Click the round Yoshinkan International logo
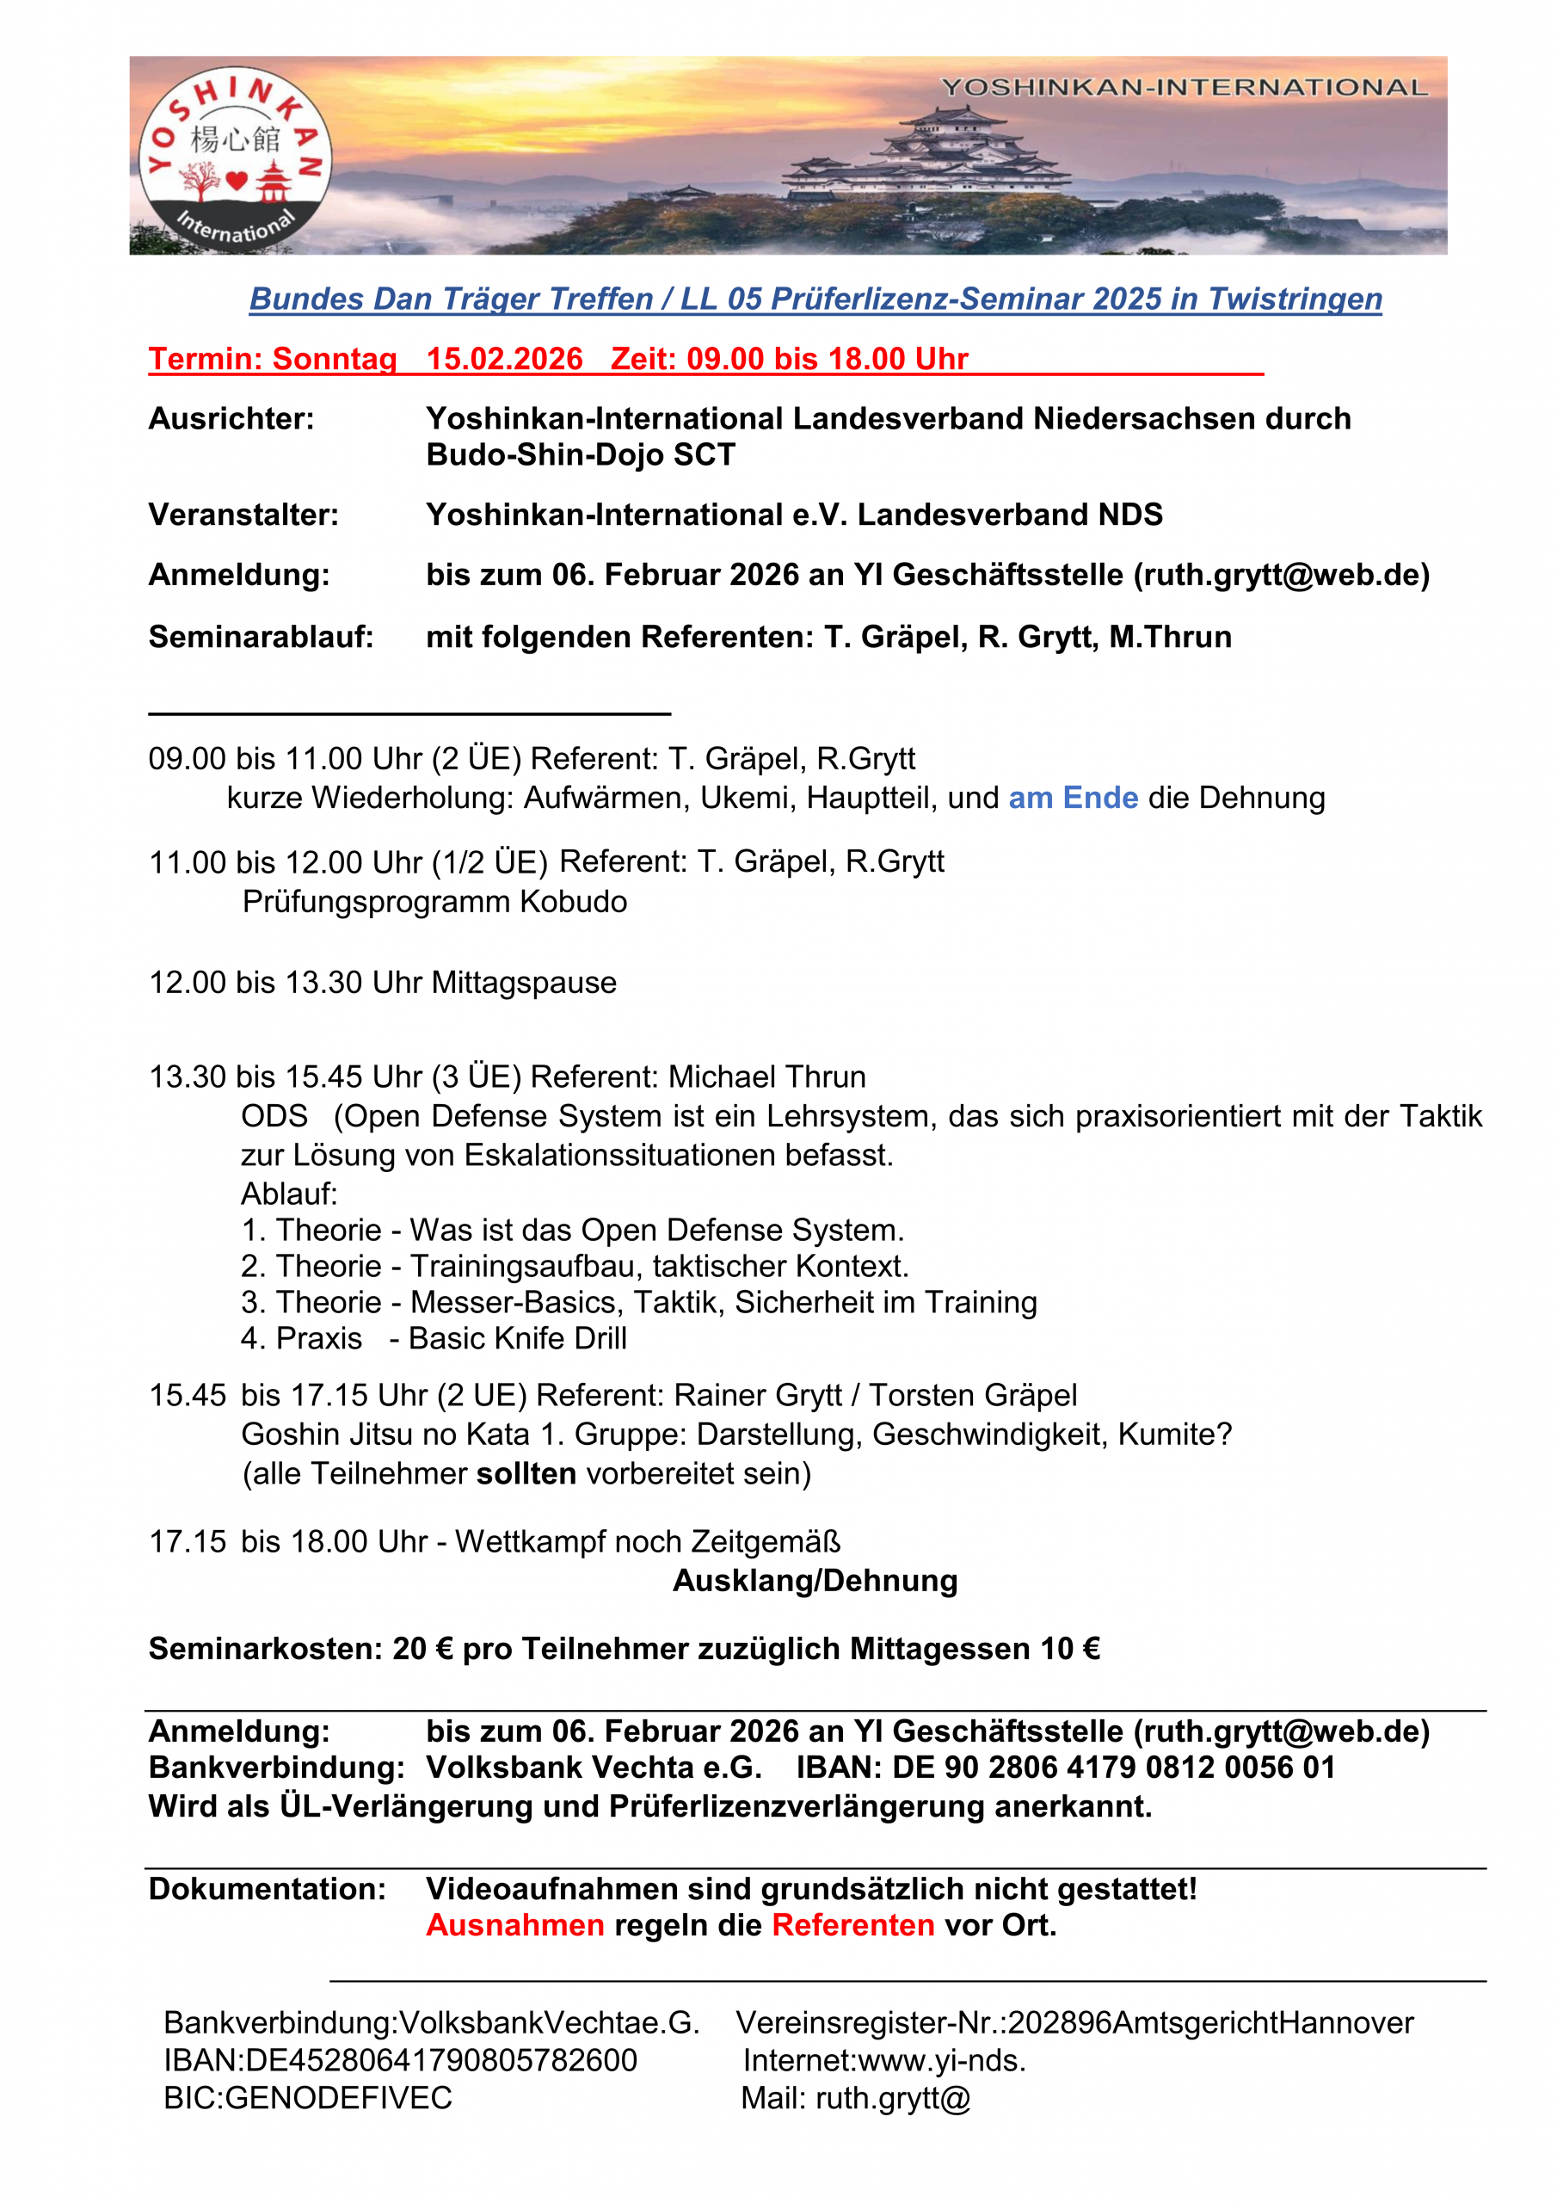[235, 159]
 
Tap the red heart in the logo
[237, 180]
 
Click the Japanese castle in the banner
[926, 158]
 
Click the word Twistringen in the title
[1294, 299]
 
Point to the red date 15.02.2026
[505, 359]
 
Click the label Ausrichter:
[231, 419]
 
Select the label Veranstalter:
[243, 515]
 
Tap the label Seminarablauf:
[261, 637]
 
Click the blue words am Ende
[1073, 799]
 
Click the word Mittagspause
[524, 983]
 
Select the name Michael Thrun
[766, 1077]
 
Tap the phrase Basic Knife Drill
[517, 1338]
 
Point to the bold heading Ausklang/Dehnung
[815, 1580]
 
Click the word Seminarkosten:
[265, 1649]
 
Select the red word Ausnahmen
[515, 1925]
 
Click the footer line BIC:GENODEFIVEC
[308, 2097]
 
